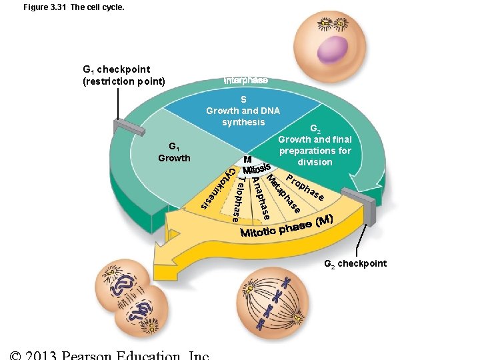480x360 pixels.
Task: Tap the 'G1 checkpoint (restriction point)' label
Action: coord(123,75)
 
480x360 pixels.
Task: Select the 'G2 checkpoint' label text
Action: coord(355,263)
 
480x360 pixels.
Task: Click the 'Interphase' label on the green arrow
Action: coord(246,80)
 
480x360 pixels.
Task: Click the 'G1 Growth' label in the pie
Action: coord(173,152)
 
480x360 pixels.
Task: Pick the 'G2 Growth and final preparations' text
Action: coord(315,145)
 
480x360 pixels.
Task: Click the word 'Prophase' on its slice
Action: coord(305,187)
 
